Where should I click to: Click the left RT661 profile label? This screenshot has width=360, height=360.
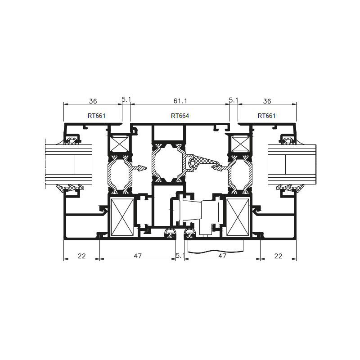click(96, 116)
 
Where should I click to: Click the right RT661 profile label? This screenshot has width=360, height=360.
click(266, 116)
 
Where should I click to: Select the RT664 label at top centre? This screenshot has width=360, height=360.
click(180, 116)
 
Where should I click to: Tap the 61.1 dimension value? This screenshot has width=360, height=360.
click(180, 101)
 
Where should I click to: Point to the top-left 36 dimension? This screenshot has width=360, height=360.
click(93, 101)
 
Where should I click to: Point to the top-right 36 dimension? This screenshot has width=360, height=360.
click(267, 101)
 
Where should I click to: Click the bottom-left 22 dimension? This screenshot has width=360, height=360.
click(81, 256)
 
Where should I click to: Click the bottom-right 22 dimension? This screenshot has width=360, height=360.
click(278, 256)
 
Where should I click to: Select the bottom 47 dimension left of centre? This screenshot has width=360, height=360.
click(138, 256)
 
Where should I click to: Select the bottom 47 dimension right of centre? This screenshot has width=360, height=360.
click(222, 256)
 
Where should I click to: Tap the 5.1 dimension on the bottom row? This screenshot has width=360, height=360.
click(180, 256)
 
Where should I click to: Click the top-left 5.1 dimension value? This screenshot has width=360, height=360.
click(126, 99)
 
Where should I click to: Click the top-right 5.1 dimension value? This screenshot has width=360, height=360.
click(234, 100)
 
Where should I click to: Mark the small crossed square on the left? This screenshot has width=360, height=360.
click(120, 144)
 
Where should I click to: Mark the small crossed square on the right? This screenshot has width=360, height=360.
click(240, 144)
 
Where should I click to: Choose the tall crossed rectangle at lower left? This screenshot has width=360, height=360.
click(122, 217)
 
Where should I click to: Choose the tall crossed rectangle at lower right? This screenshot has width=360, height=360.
click(238, 217)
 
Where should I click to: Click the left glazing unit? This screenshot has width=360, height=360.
click(69, 164)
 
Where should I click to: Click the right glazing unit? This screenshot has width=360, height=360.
click(292, 164)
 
